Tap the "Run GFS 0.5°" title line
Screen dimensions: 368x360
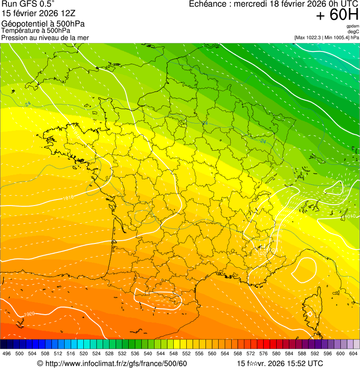pyautogui.click(x=28, y=4)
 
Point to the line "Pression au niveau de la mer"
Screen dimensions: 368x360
pyautogui.click(x=45, y=37)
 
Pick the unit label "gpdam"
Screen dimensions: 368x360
pyautogui.click(x=353, y=26)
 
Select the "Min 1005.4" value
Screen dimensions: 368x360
pyautogui.click(x=336, y=37)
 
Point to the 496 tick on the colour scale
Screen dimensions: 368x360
pyautogui.click(x=7, y=353)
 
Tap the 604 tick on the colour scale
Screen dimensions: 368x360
pyautogui.click(x=353, y=353)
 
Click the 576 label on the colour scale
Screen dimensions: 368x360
pyautogui.click(x=264, y=353)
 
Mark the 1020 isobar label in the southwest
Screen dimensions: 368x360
pyautogui.click(x=29, y=314)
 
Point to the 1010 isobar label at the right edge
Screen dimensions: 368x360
pyautogui.click(x=352, y=216)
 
